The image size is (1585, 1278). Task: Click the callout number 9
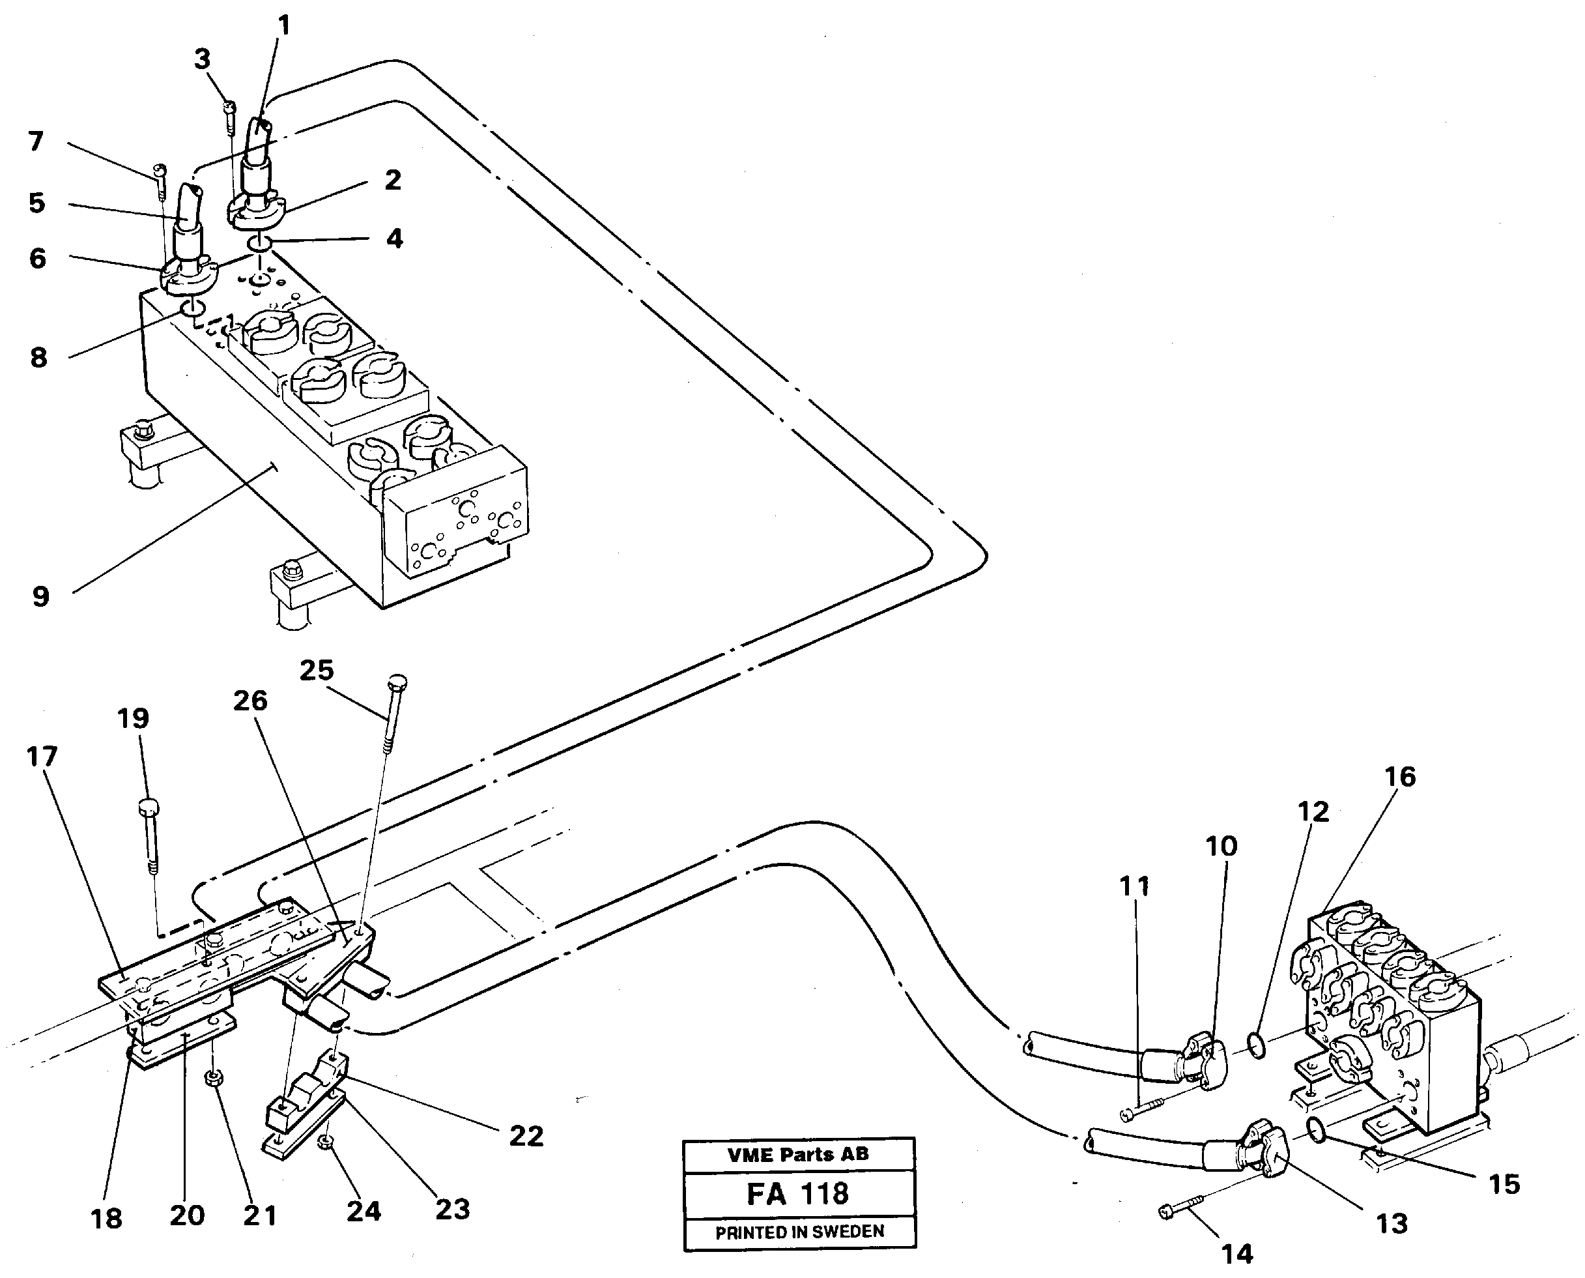click(40, 596)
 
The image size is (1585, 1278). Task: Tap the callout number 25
click(317, 670)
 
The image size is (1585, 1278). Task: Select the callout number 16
click(1399, 776)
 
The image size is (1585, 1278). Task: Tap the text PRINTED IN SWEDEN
click(799, 1232)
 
